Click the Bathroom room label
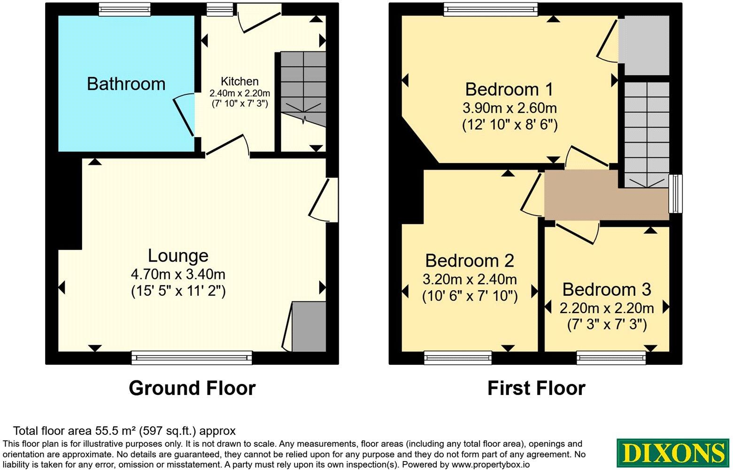pyautogui.click(x=126, y=84)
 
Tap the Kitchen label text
pyautogui.click(x=239, y=81)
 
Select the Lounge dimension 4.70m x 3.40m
pyautogui.click(x=178, y=274)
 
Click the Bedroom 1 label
pyautogui.click(x=509, y=89)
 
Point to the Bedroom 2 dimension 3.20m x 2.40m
pyautogui.click(x=470, y=279)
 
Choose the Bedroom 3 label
pyautogui.click(x=607, y=289)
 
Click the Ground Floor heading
pyautogui.click(x=192, y=388)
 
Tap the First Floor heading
pyautogui.click(x=536, y=388)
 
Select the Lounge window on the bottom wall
pyautogui.click(x=192, y=358)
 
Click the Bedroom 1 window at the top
pyautogui.click(x=491, y=9)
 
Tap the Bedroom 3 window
pyautogui.click(x=611, y=358)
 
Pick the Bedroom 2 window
pyautogui.click(x=458, y=358)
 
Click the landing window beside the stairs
pyautogui.click(x=675, y=194)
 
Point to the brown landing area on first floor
pyautogui.click(x=606, y=200)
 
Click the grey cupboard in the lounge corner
pyautogui.click(x=309, y=327)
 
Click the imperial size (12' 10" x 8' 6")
pyautogui.click(x=509, y=125)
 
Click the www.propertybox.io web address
pyautogui.click(x=491, y=464)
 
